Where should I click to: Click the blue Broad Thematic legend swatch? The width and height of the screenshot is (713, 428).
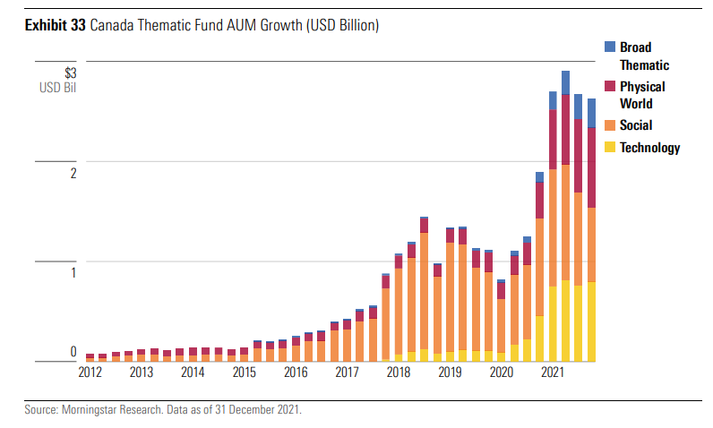point(610,47)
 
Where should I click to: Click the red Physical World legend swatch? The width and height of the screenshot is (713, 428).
point(610,86)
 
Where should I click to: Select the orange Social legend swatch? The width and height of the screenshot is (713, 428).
point(610,125)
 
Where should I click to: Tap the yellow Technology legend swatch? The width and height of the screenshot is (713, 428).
point(610,148)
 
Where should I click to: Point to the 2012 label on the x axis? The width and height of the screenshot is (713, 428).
point(90,372)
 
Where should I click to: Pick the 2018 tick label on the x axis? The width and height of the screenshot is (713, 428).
point(399,372)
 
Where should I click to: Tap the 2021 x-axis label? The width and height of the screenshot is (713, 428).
point(553,372)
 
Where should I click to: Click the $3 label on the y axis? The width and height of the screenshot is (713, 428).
point(71,73)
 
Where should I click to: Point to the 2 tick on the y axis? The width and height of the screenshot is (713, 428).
point(73,173)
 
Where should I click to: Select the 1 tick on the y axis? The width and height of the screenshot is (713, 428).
point(73,272)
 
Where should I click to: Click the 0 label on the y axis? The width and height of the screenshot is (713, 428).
point(73,352)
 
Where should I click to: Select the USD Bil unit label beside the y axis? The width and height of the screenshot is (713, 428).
point(57,88)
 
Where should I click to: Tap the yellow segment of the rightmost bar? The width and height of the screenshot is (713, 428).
point(591,321)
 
